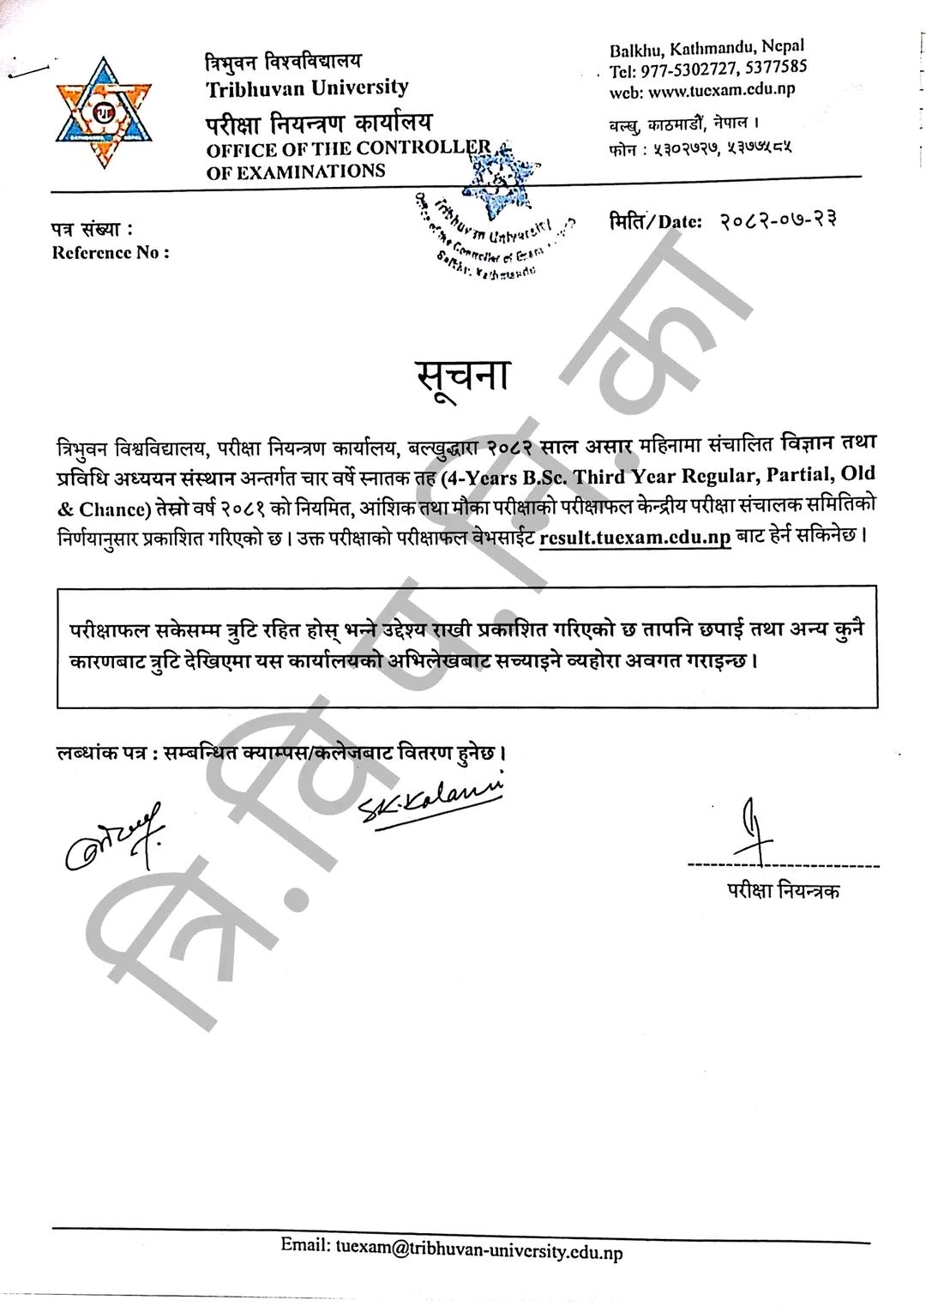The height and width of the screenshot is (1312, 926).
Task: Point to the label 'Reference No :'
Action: pos(111,253)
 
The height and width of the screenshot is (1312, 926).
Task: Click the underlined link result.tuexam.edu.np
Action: pos(635,539)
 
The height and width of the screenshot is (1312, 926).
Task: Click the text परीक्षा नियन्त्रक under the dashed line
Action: pos(780,891)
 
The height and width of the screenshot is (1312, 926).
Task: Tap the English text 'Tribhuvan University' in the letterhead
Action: pos(307,87)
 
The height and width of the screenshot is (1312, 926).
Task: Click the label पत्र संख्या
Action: pos(92,230)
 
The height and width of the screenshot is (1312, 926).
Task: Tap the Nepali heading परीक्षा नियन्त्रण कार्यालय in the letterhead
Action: pos(318,122)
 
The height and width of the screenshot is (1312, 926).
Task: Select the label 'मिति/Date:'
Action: pos(656,221)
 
